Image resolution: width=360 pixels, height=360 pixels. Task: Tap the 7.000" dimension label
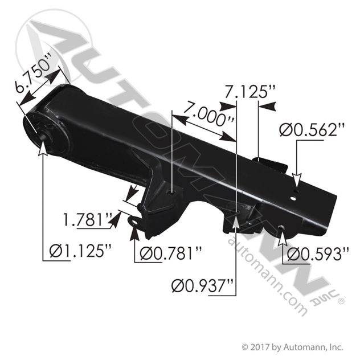(x=208, y=114)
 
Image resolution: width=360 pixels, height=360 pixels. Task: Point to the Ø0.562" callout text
(x=312, y=130)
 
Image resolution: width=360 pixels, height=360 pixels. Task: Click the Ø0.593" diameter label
(x=318, y=254)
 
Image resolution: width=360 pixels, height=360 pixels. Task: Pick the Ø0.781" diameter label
(x=171, y=254)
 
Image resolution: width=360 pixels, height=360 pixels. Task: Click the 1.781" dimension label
(x=88, y=220)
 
